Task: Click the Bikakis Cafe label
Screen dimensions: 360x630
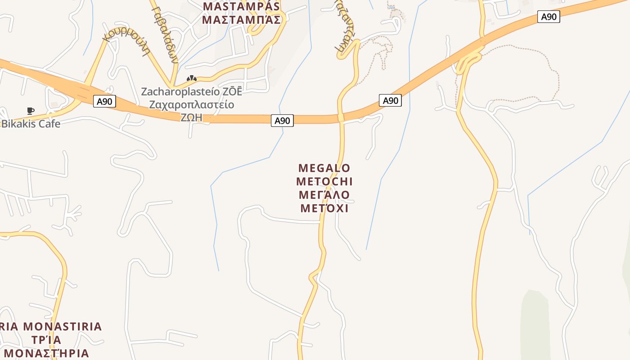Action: pos(31,124)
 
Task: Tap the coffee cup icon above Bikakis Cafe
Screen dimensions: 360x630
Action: pos(30,111)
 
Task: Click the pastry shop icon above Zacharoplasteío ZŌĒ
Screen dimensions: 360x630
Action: pos(192,78)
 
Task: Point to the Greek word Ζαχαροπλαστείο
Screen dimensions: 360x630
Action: pos(192,105)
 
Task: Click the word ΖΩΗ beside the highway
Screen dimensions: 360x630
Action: pos(191,117)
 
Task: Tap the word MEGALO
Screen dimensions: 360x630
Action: pos(324,168)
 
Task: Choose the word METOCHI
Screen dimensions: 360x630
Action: pos(324,182)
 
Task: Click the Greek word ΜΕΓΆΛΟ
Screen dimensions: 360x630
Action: pos(324,195)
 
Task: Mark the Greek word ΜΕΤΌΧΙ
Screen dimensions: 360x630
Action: pos(324,208)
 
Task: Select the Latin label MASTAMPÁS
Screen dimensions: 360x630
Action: pos(241,7)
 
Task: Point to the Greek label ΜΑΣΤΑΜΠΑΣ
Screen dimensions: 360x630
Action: pos(241,20)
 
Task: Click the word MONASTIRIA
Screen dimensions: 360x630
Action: pos(62,326)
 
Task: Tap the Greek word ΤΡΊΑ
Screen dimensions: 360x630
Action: pos(47,340)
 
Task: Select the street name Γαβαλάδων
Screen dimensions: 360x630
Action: pos(166,34)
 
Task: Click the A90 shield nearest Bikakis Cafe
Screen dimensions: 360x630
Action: pos(104,101)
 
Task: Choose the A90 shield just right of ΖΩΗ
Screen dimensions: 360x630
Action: pos(282,121)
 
